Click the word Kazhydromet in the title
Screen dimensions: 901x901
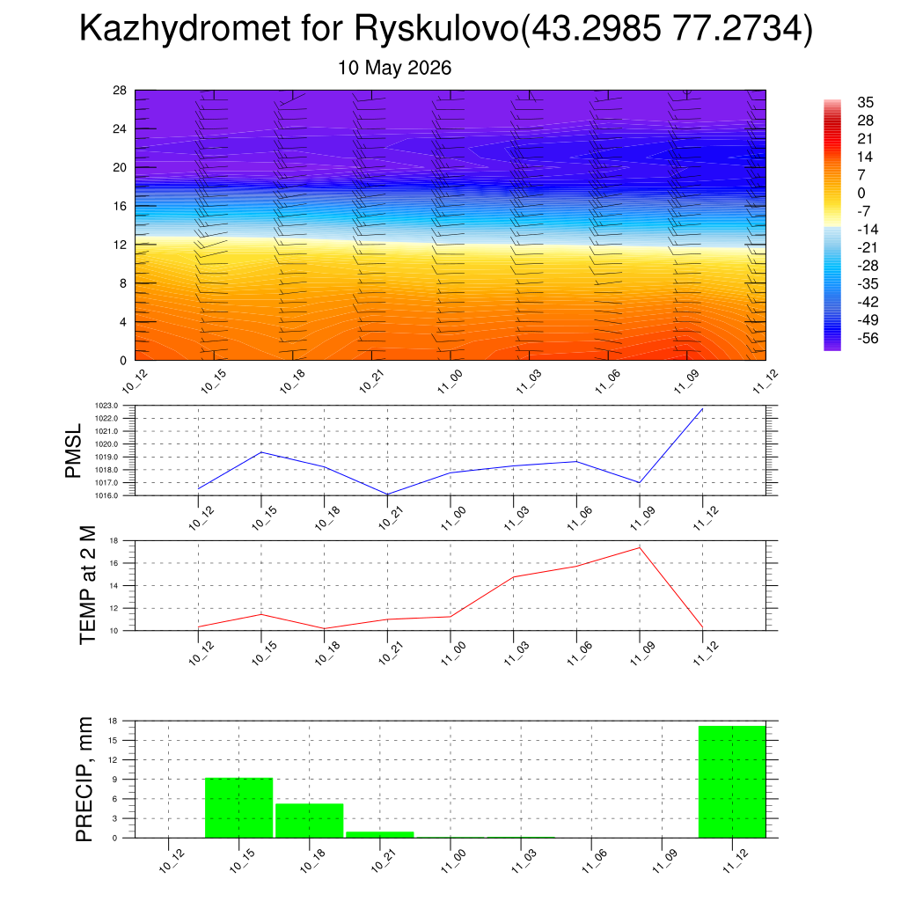[x=185, y=27]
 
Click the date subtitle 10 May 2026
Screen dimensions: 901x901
[x=394, y=68]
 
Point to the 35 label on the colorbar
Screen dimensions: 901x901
[x=866, y=102]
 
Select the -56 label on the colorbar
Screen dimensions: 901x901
[x=868, y=338]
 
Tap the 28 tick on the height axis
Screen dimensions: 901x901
[x=120, y=91]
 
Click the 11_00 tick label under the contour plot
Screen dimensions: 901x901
[x=450, y=382]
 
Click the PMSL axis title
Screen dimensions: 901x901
[x=73, y=451]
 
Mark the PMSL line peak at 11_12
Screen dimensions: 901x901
[x=703, y=408]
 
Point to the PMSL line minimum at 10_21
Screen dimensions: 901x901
[x=387, y=494]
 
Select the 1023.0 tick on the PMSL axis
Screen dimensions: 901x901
[x=106, y=406]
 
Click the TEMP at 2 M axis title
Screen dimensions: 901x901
[x=87, y=585]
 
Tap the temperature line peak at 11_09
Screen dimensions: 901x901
[x=640, y=547]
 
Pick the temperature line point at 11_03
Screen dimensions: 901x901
[x=513, y=577]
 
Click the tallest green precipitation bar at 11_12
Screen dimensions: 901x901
[x=732, y=782]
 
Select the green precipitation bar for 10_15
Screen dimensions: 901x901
[x=239, y=808]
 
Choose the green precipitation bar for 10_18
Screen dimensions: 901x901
[x=310, y=821]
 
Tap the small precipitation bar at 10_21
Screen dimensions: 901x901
[x=380, y=835]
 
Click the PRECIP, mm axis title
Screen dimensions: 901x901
[x=84, y=780]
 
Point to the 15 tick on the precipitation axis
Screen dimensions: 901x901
[x=113, y=740]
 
